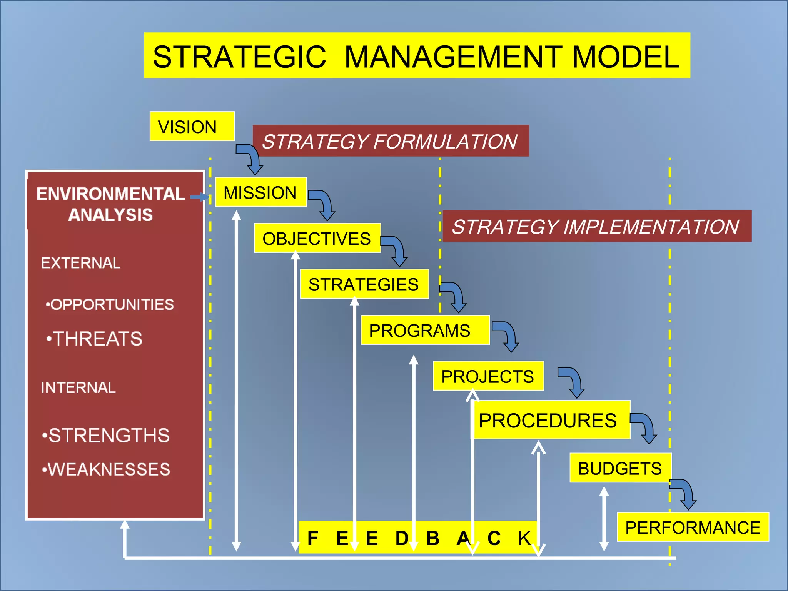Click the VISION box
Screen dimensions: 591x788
point(192,127)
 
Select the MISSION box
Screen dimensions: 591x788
point(260,192)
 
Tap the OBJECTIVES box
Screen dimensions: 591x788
point(317,238)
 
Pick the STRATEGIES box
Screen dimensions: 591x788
point(364,284)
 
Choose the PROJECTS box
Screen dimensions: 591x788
point(488,376)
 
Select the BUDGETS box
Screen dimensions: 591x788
point(620,468)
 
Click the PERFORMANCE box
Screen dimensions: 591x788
point(693,527)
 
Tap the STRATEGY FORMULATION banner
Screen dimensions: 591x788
point(390,141)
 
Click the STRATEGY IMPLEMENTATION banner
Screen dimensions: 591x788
point(596,226)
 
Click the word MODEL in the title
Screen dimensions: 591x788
point(626,57)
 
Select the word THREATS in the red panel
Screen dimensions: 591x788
point(98,339)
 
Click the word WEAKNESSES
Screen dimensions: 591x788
point(109,469)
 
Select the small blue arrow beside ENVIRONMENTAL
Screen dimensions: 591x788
point(199,197)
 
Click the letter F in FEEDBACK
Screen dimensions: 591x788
point(313,538)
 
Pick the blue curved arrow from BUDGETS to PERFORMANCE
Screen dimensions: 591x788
point(685,493)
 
